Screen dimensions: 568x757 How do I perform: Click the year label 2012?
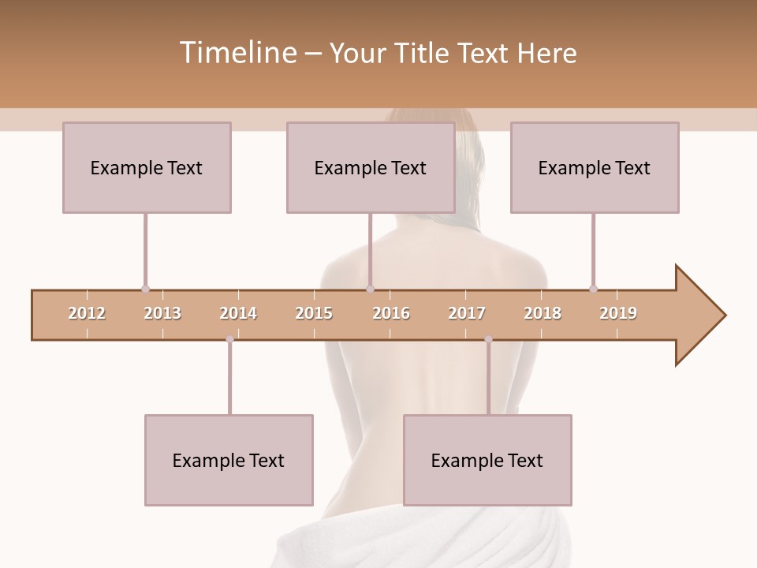[87, 313]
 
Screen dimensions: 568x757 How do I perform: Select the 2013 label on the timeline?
[162, 313]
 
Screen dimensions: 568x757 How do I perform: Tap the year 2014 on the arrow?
[238, 313]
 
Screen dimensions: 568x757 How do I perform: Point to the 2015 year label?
[314, 313]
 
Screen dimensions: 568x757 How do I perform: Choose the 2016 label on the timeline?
[391, 313]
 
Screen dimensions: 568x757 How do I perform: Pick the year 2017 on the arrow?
[467, 313]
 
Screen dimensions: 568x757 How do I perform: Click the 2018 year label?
[543, 313]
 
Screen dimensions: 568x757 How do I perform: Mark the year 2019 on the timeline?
[618, 313]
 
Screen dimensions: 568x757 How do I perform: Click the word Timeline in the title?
[237, 53]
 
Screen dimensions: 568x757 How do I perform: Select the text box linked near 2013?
[147, 167]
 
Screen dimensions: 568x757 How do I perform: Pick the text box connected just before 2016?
[371, 167]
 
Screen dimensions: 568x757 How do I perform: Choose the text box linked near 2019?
[595, 167]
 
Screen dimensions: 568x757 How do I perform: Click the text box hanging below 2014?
[229, 460]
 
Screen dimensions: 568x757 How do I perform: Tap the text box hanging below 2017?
[487, 460]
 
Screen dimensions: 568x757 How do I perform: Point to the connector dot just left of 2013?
[145, 289]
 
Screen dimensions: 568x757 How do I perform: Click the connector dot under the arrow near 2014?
[229, 339]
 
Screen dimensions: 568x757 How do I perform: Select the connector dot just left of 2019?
[593, 289]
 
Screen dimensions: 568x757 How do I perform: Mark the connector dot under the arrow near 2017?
[488, 339]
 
